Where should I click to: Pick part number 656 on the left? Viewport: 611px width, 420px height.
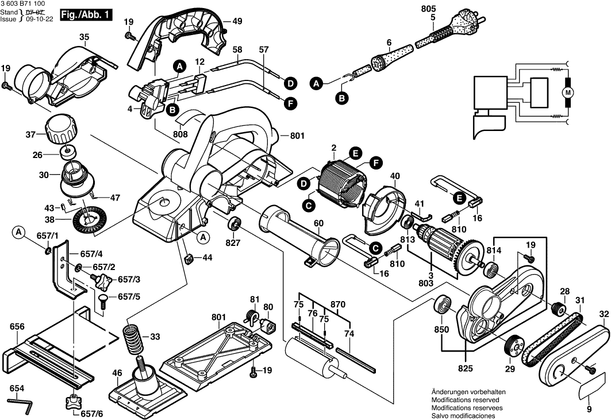click(x=17, y=326)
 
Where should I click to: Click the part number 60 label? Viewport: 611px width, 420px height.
click(x=318, y=223)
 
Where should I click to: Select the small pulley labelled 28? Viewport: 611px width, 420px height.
click(x=556, y=309)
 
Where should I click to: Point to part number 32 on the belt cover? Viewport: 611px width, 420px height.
click(x=604, y=314)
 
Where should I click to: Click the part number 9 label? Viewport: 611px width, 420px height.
click(x=589, y=410)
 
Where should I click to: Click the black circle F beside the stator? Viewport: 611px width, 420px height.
click(x=376, y=163)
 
